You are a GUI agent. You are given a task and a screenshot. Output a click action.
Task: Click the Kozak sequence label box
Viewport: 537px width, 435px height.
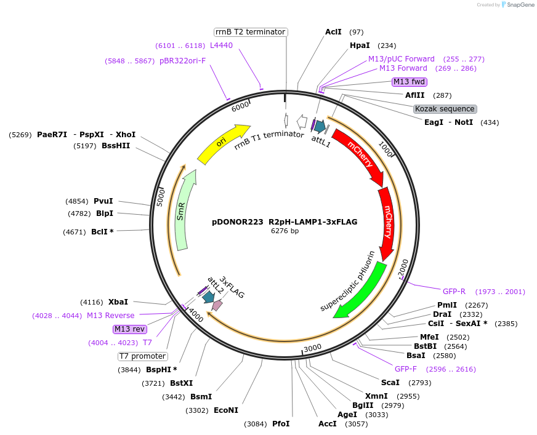[445, 109]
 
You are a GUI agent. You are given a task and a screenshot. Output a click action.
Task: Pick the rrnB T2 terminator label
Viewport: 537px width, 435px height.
[251, 32]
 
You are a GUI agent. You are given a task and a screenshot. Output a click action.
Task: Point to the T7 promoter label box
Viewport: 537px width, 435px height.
[142, 356]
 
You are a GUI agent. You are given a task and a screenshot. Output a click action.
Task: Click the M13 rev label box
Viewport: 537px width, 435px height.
[130, 329]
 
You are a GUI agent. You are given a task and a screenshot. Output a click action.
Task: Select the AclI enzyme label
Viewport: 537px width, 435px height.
[333, 32]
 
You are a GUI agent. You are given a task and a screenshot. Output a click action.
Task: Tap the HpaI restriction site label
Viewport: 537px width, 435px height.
[360, 46]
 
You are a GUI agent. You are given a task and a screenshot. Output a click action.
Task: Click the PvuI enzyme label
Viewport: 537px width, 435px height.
[103, 201]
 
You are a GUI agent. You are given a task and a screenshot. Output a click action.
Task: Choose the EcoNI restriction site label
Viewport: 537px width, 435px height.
[226, 410]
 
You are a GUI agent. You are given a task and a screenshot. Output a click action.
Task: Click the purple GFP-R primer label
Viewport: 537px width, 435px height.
[454, 292]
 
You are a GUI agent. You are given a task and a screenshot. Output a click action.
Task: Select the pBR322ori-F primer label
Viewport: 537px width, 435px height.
[182, 61]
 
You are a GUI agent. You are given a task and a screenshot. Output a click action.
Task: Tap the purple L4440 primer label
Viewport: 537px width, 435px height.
[222, 46]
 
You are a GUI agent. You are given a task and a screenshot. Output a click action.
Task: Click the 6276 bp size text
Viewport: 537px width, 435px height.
[285, 231]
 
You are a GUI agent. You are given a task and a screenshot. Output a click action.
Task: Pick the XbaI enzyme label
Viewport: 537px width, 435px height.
[118, 302]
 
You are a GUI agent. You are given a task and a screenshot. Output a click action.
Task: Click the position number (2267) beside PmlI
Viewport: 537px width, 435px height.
[476, 305]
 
